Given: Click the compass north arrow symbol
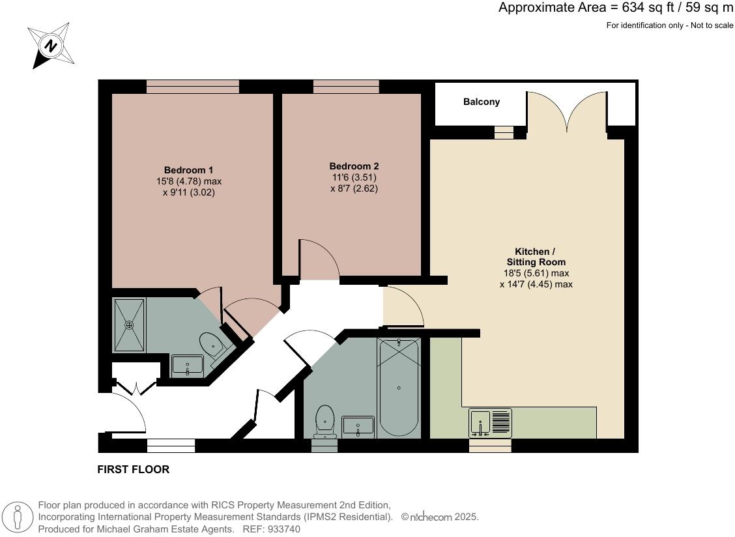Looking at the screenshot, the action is (51, 46).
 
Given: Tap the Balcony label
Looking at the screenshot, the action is (482, 102).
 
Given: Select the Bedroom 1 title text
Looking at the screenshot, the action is (188, 170).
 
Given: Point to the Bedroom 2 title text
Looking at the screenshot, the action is (354, 166).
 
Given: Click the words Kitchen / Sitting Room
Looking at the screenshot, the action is (536, 257).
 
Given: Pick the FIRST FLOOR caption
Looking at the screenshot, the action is (133, 469).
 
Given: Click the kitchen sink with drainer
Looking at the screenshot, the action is (490, 423).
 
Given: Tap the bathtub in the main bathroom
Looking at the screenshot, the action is (398, 388).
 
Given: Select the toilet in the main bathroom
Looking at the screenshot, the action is (324, 422).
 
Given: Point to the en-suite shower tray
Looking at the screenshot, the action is (129, 325).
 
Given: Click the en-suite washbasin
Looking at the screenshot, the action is (188, 366).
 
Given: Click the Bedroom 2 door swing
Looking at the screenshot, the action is (319, 259).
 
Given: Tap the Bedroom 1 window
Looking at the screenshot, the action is (193, 87).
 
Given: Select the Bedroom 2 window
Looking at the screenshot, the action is (346, 87).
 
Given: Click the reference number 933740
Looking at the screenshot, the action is (283, 529).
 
